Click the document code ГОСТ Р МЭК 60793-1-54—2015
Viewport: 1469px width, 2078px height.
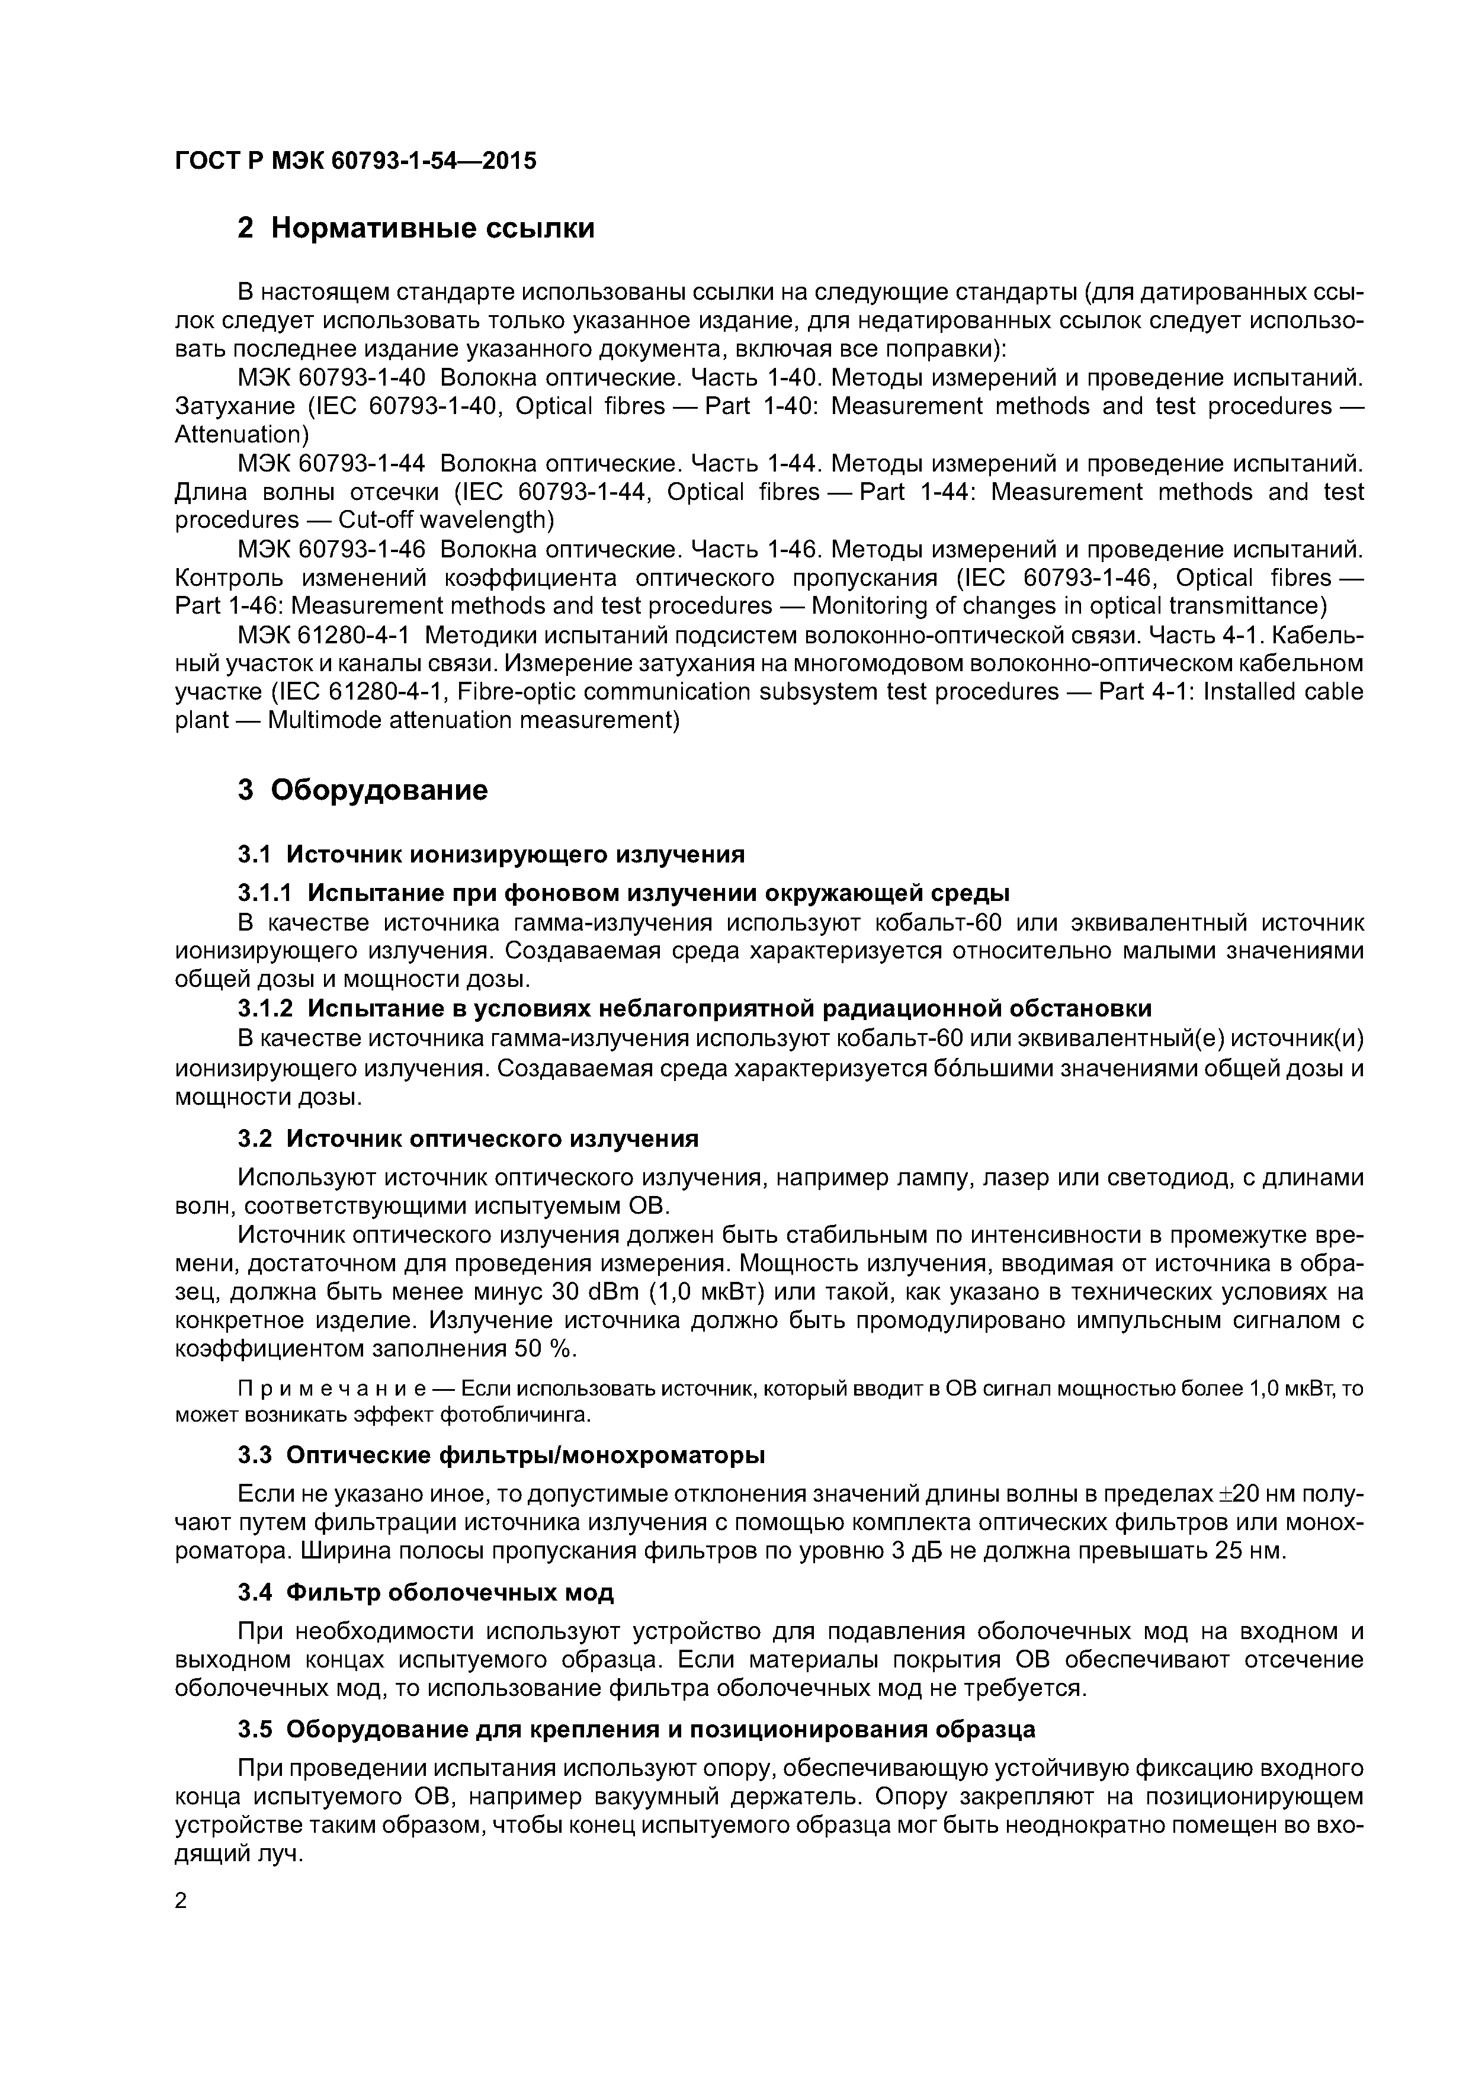pyautogui.click(x=355, y=161)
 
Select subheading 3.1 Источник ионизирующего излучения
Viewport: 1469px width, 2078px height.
pyautogui.click(x=490, y=854)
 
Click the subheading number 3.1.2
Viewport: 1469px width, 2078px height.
pyautogui.click(x=264, y=1008)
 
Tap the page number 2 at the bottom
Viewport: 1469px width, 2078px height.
pyautogui.click(x=181, y=1901)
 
